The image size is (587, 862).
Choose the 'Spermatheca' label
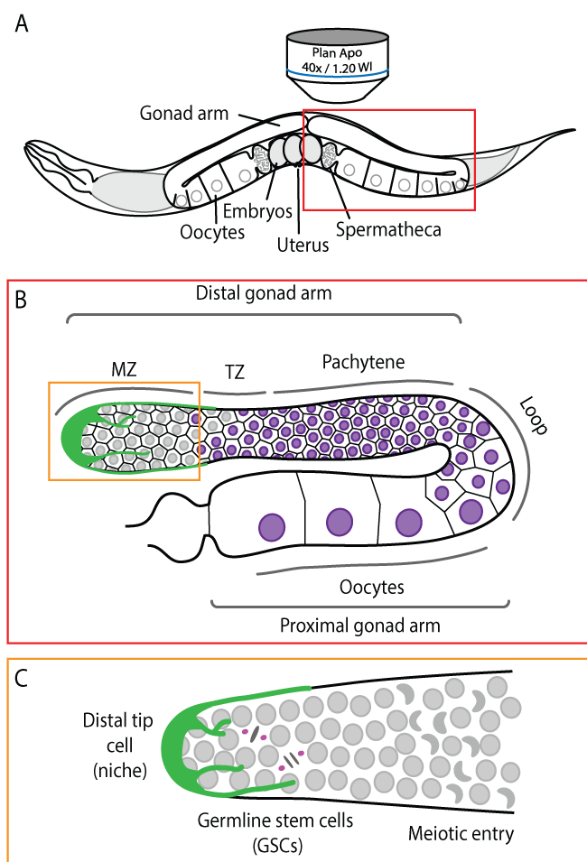point(388,229)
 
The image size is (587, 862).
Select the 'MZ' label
point(122,369)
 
